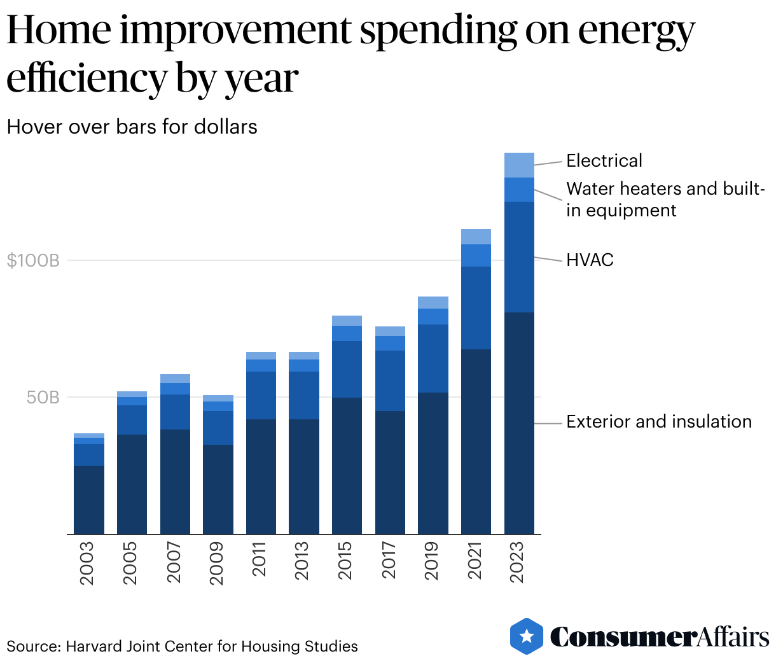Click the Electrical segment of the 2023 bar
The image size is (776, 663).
coord(519,165)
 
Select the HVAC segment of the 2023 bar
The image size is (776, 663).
coord(519,256)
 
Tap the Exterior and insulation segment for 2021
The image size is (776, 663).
coord(476,441)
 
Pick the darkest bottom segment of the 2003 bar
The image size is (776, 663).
coord(89,499)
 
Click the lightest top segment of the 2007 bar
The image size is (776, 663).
coord(175,379)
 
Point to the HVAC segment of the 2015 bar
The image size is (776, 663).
coord(347,369)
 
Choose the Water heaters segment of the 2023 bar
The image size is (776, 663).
coord(519,190)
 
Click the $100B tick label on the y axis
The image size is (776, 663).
coord(32,260)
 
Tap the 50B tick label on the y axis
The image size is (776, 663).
coord(43,398)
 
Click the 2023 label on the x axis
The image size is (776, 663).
coord(518,562)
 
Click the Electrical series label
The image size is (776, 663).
coord(604,160)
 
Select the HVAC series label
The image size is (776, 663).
coord(590,260)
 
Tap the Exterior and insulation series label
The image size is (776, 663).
coord(659,422)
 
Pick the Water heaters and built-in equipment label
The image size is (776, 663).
coord(664,199)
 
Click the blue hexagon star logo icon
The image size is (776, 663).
coord(527,636)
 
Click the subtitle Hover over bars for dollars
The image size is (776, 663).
coord(132,127)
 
